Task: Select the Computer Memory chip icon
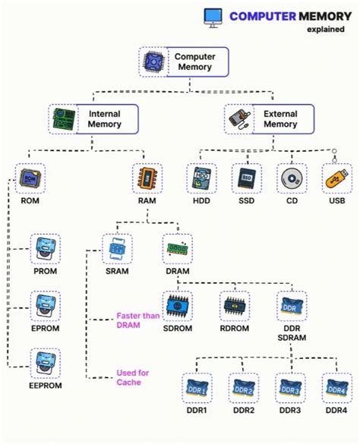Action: point(155,62)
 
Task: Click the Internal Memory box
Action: point(96,118)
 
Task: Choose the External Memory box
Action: point(271,118)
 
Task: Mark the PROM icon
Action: point(45,248)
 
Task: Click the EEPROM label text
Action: point(45,386)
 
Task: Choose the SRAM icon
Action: point(117,248)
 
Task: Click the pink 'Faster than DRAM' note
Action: point(137,320)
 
